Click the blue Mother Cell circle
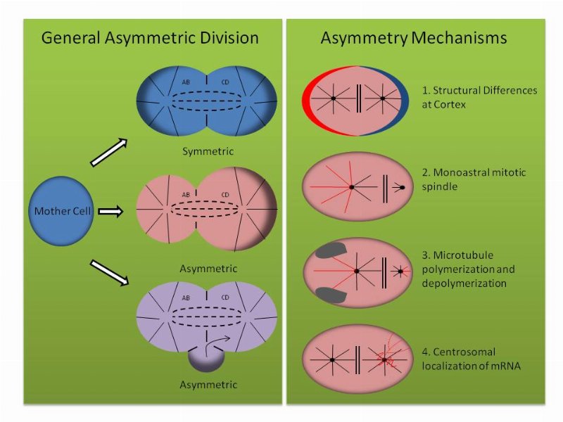pos(61,210)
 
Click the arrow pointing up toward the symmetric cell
pos(109,152)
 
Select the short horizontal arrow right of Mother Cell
pos(110,212)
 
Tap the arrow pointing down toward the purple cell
pos(109,272)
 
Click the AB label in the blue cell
pos(186,82)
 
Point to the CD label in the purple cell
pos(225,298)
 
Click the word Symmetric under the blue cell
pos(208,151)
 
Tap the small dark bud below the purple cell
pos(206,361)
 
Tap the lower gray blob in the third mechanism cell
pos(331,295)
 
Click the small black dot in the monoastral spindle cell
pos(402,187)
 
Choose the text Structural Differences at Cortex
pos(479,97)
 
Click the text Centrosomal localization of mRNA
pos(471,359)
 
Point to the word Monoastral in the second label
pos(455,172)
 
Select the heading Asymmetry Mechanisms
pos(414,38)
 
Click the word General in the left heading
pos(70,38)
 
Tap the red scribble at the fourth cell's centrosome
pos(386,360)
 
